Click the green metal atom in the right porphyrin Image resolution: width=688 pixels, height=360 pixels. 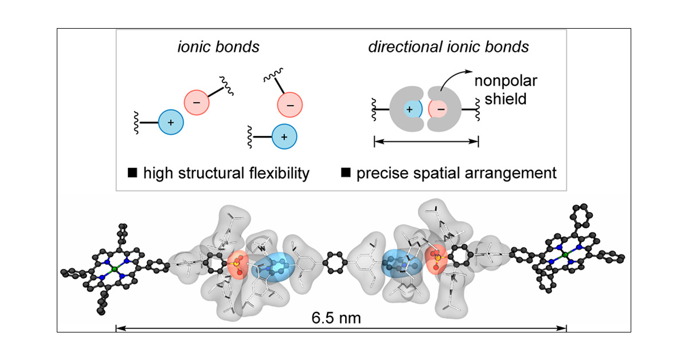coord(565,255)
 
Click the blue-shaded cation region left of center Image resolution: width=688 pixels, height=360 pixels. coord(273,266)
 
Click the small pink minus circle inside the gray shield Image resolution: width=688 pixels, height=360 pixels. coord(439,109)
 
